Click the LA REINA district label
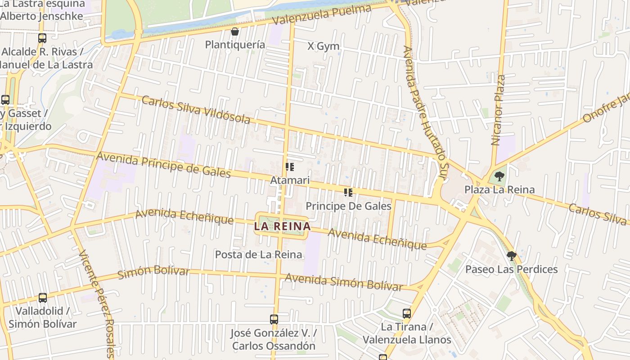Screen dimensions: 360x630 (x=282, y=226)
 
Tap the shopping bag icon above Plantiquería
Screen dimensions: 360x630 (x=234, y=31)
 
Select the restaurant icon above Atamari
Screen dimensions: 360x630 (x=290, y=167)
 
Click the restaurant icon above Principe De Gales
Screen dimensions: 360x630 (x=348, y=193)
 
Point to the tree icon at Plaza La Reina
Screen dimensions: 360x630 (x=499, y=176)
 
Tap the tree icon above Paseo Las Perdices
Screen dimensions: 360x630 (x=511, y=256)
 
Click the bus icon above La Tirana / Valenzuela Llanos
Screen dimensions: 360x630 (x=407, y=313)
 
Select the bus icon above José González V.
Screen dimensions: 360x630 (x=274, y=319)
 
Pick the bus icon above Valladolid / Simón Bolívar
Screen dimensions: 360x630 (x=43, y=297)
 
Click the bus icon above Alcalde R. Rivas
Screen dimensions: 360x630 (x=42, y=38)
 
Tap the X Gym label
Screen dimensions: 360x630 (x=323, y=46)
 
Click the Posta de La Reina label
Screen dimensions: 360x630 (x=258, y=255)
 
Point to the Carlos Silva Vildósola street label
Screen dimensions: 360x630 (x=196, y=110)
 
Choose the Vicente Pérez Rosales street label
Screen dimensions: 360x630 (x=97, y=304)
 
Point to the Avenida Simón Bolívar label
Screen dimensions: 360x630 (x=344, y=282)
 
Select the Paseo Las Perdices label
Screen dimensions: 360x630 (x=511, y=270)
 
